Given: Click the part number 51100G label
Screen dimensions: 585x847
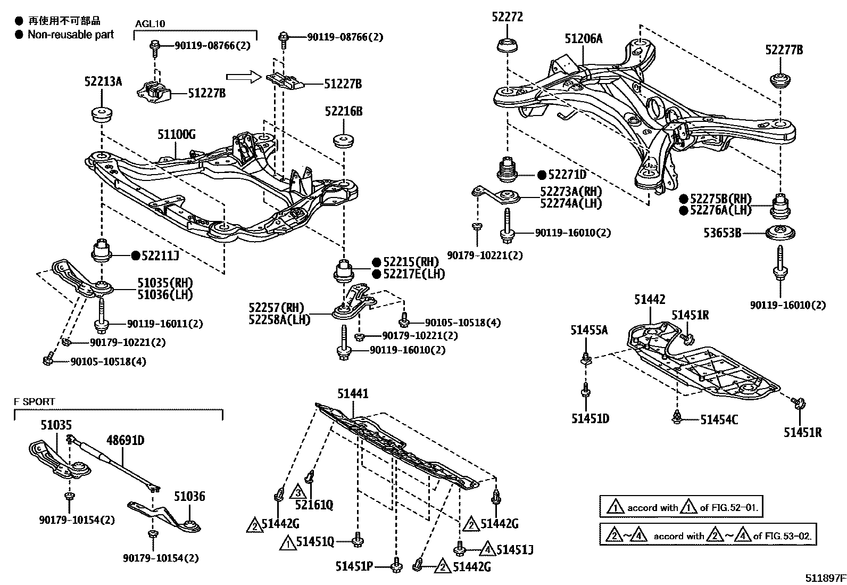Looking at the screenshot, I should pos(176,134).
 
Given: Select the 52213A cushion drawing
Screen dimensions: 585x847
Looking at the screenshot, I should pos(101,114).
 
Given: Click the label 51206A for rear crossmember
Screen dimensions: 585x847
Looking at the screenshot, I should pos(584,38).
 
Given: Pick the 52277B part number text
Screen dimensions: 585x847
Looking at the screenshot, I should pos(784,50).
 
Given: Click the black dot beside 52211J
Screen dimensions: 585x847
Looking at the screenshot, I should pos(136,256).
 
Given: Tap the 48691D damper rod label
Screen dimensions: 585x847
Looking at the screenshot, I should pos(125,440).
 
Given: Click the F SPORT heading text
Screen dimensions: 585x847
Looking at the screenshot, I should pos(34,402).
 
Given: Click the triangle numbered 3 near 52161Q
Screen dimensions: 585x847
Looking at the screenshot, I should pos(299,490).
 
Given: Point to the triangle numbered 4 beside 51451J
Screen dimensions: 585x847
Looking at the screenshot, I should pos(488,548).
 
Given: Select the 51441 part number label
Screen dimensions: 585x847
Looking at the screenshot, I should pos(352,394).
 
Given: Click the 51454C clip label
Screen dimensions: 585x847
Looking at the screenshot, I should pos(718,419).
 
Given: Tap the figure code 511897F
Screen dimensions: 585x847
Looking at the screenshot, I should pos(824,578).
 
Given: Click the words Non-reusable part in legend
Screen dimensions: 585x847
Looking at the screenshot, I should pos(71,35).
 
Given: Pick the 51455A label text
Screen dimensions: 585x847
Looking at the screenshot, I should pos(589,330).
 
